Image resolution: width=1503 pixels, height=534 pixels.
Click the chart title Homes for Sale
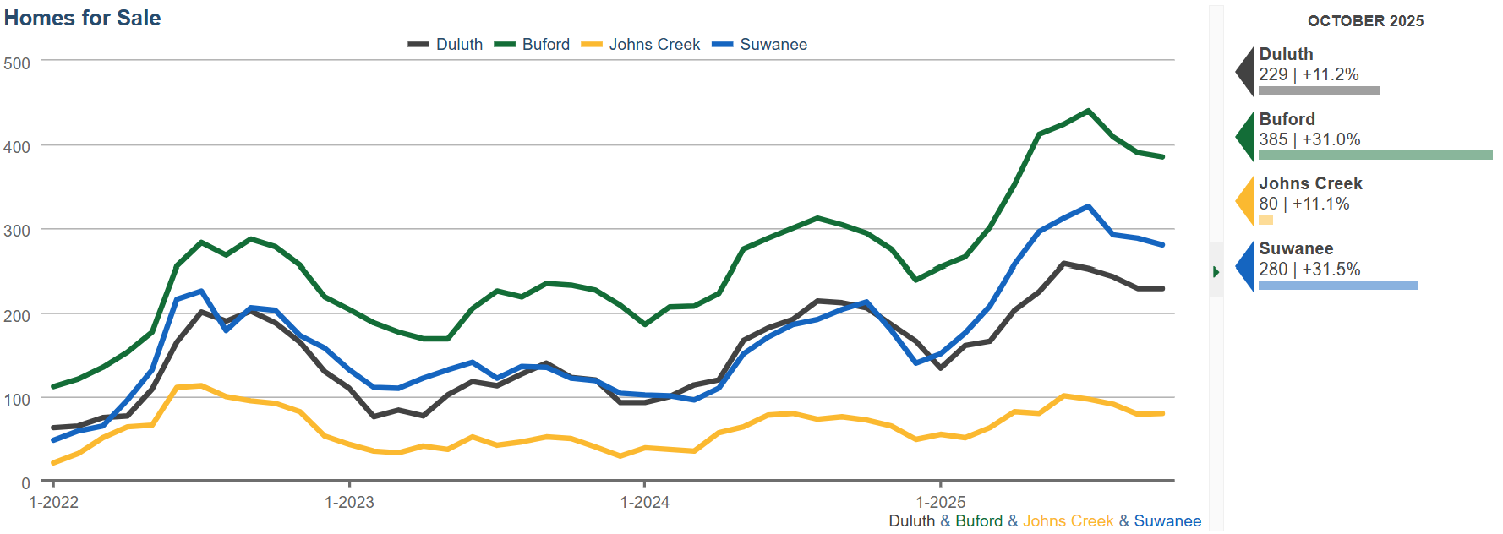pos(82,18)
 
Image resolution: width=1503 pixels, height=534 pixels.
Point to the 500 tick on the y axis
pos(17,63)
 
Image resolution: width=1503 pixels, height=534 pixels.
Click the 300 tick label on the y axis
pos(17,231)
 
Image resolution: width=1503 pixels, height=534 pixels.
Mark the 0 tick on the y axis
pos(25,482)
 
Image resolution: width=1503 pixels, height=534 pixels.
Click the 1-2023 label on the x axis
pos(349,502)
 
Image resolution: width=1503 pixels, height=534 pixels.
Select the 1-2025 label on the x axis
pos(941,502)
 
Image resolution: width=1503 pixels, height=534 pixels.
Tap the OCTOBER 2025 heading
pos(1365,21)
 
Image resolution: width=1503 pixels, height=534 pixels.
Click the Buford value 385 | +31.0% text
pos(1309,139)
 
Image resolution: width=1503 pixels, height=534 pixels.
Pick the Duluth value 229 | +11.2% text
pos(1309,74)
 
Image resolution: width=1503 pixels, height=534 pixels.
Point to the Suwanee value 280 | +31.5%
pos(1309,269)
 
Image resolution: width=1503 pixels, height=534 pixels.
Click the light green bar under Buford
pos(1375,155)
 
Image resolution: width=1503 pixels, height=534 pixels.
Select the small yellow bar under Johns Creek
pos(1265,220)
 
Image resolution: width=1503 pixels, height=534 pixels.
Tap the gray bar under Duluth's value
pos(1319,90)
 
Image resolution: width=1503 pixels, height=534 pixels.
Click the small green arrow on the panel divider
pos(1216,272)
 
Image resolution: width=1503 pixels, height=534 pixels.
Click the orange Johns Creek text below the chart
pos(1068,521)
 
